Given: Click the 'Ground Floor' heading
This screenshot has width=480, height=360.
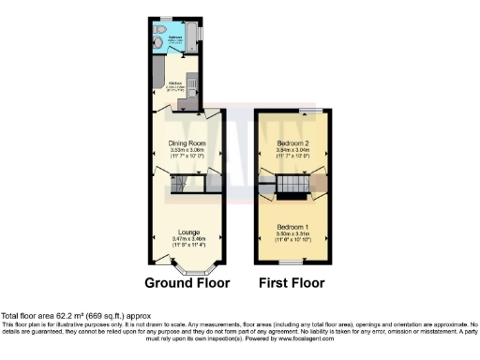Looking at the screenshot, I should click(187, 282).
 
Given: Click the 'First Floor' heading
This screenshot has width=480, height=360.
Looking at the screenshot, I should click(292, 282).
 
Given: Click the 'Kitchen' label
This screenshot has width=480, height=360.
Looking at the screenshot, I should click(174, 82).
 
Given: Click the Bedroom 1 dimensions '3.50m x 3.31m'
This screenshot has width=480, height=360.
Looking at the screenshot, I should click(292, 234).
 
